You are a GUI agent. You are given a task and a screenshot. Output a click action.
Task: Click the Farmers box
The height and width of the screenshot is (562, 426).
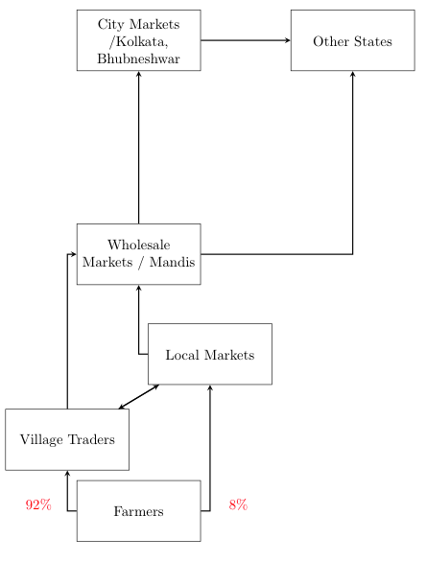(138, 511)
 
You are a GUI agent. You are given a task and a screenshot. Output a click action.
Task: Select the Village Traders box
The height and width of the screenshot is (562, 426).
(67, 439)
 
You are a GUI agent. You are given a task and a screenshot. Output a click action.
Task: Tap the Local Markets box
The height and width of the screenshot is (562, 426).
(209, 355)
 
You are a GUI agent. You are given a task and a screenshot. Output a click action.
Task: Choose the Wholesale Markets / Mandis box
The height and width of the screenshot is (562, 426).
(138, 254)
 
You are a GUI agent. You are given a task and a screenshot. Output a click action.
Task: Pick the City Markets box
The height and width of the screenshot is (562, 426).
(138, 40)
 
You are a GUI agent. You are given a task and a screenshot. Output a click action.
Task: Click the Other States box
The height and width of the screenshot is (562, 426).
(352, 40)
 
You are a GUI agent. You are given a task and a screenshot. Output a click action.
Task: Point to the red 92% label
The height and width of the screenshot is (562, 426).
(38, 505)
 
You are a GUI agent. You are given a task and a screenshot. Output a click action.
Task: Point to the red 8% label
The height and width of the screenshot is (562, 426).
(238, 505)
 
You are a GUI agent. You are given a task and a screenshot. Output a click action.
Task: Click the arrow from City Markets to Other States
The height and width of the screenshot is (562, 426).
(246, 40)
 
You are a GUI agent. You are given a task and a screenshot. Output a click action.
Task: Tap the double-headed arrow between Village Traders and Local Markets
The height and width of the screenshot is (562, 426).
(138, 397)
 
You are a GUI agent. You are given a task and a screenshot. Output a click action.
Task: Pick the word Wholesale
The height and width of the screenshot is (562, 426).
(138, 246)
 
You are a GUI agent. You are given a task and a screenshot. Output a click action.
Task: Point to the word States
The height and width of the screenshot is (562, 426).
(373, 41)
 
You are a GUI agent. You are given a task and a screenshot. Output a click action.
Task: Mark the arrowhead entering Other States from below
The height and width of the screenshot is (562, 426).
(353, 74)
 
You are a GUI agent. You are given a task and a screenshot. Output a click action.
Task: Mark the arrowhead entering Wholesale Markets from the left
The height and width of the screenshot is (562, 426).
(73, 254)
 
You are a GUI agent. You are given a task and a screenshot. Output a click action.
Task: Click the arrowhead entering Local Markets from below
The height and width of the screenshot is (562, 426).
(209, 387)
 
